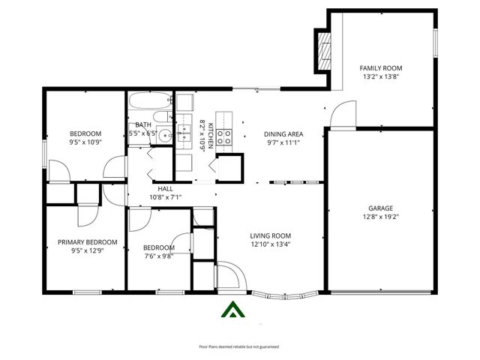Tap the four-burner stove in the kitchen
(227, 136)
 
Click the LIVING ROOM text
(270, 235)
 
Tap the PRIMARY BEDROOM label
(88, 242)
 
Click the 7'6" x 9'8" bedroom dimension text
(158, 256)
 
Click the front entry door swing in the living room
(228, 275)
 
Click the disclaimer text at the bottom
(238, 346)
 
